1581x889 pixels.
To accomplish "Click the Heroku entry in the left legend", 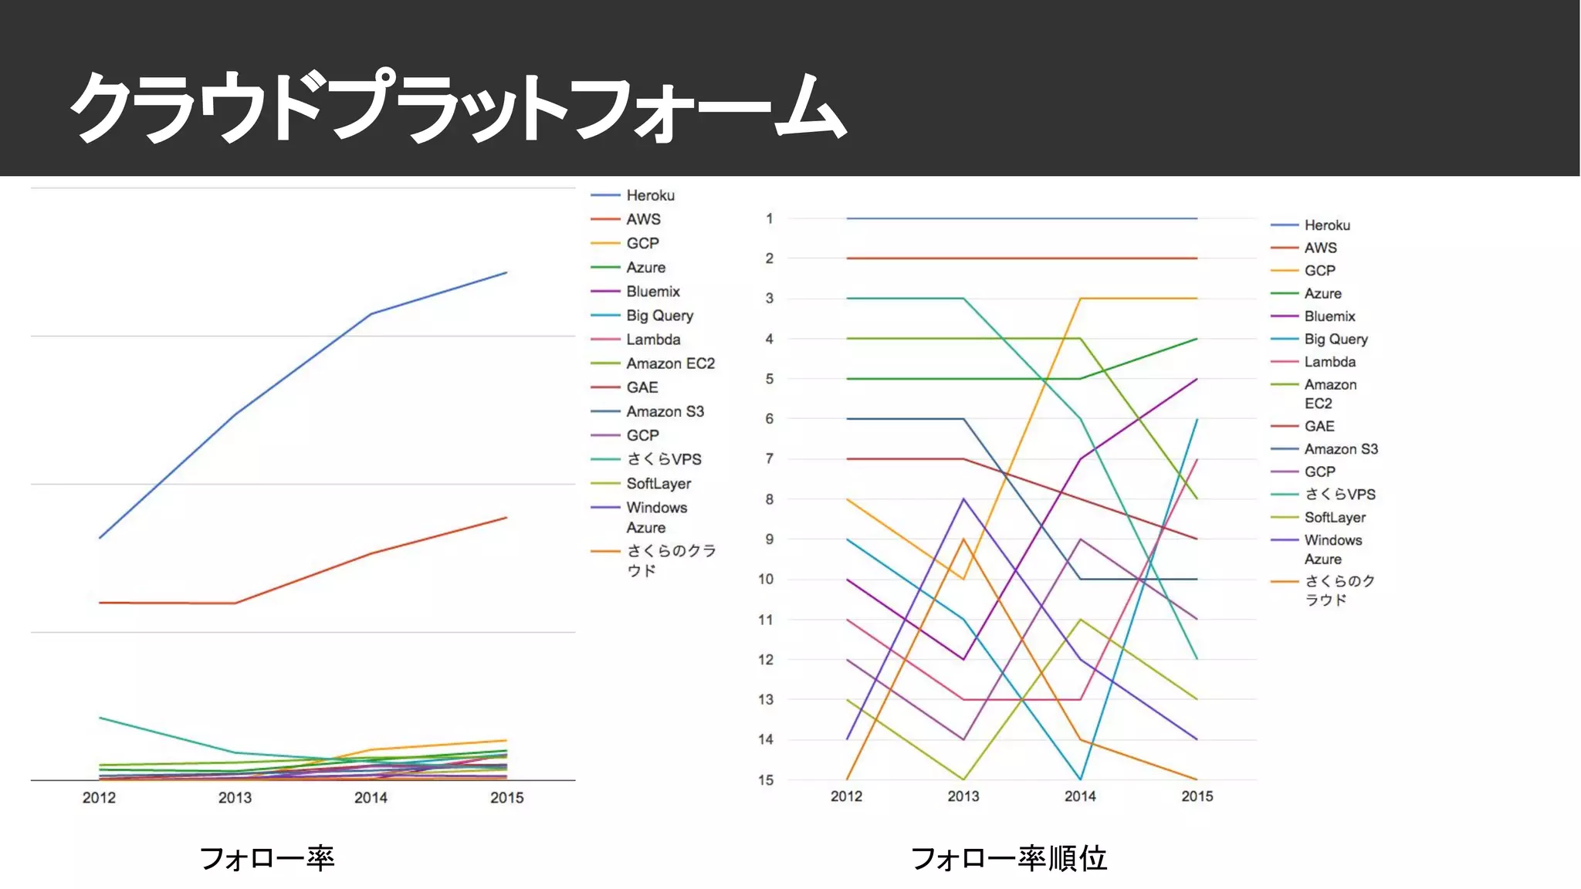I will (649, 196).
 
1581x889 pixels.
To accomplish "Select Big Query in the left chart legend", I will (659, 316).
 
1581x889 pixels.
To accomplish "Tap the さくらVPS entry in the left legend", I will (663, 459).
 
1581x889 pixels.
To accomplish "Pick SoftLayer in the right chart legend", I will (1335, 518).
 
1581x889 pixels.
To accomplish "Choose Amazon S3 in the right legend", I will (1340, 449).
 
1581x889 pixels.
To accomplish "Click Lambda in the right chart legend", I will (1329, 362).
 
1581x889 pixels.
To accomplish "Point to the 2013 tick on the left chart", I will (235, 798).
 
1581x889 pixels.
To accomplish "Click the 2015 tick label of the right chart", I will (1197, 796).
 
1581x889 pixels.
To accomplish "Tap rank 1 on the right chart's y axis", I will (769, 219).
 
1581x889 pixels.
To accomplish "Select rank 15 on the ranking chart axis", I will (765, 780).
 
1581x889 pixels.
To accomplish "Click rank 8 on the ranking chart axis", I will (769, 499).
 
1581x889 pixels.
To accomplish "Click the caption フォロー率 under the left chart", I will (266, 858).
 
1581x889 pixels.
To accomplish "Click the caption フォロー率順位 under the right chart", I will (1008, 858).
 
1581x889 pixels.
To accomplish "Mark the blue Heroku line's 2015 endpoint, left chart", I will (506, 272).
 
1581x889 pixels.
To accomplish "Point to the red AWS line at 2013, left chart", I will (235, 603).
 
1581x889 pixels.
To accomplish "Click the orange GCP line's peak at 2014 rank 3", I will (1080, 299).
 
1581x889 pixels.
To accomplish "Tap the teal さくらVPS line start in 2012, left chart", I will (100, 718).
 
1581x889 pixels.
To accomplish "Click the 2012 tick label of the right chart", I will (846, 796).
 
